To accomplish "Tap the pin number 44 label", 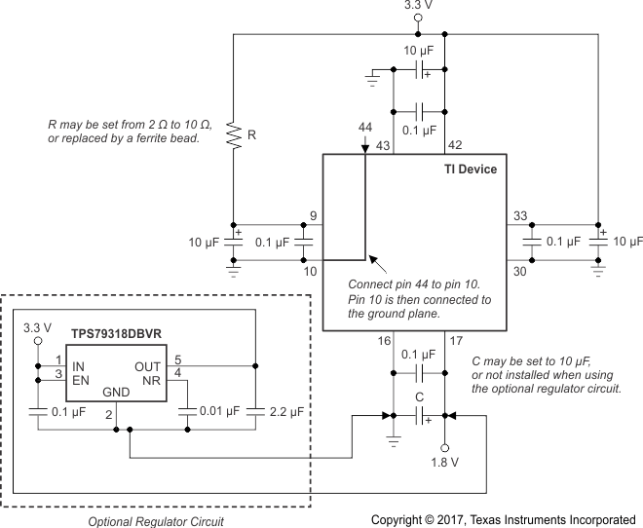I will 364,130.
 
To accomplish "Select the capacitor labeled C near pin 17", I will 420,417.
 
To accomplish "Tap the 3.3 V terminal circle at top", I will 419,19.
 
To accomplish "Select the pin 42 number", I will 453,145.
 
